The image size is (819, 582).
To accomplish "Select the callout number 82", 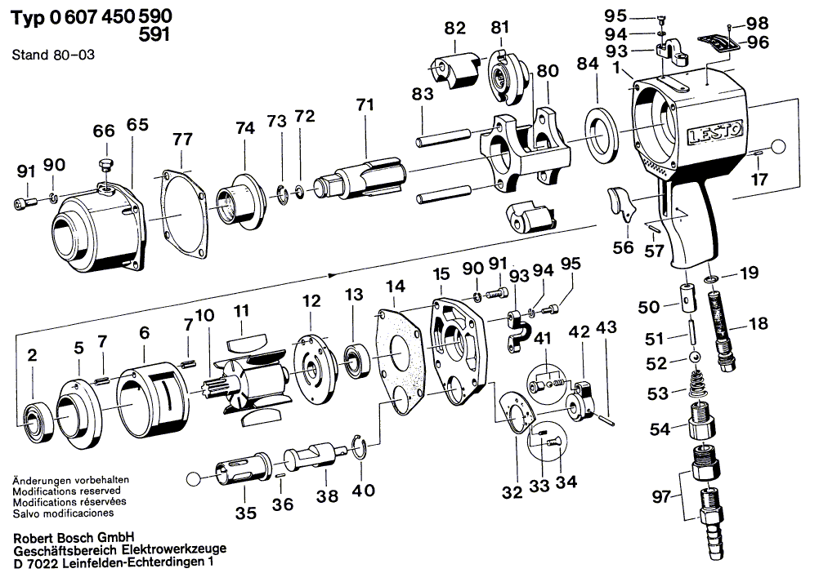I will pos(455,28).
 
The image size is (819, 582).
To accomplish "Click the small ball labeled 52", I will pos(694,358).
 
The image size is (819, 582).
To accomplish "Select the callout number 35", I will pos(246,513).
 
